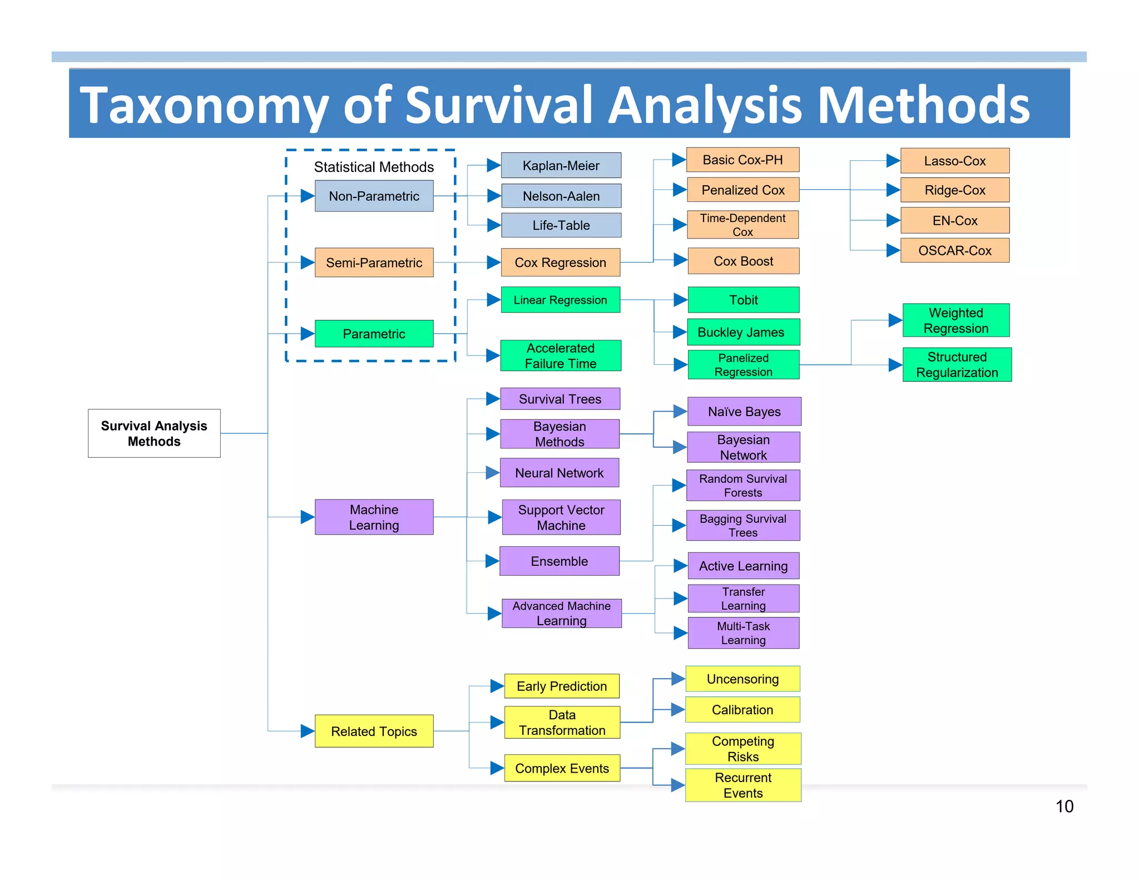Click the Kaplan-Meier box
point(561,165)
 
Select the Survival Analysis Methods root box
point(154,433)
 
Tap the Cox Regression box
point(560,263)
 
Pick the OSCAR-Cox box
point(954,250)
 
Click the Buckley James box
point(743,332)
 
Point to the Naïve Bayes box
point(744,412)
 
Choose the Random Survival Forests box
point(743,486)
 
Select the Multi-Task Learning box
point(743,633)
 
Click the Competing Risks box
point(743,749)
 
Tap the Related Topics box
point(374,731)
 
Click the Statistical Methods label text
point(374,167)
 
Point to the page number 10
point(1064,807)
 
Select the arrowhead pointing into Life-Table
point(494,225)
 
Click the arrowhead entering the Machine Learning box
point(308,517)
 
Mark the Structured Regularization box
point(957,364)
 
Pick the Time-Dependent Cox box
point(742,225)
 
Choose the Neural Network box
point(559,473)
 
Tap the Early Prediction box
point(561,686)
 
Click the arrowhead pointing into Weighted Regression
point(895,320)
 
